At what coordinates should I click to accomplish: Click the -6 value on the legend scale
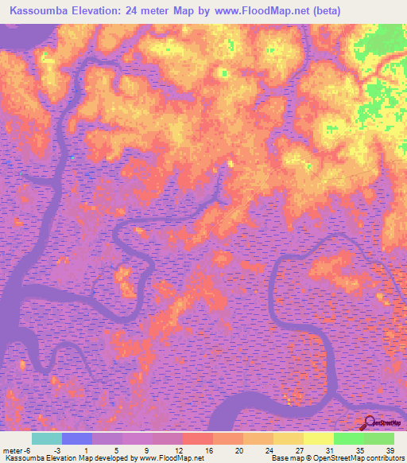point(30,450)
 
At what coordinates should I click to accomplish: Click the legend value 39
point(390,450)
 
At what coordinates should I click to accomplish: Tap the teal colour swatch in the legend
point(47,438)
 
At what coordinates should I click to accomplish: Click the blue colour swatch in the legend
point(77,438)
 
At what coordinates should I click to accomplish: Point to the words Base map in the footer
point(285,458)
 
